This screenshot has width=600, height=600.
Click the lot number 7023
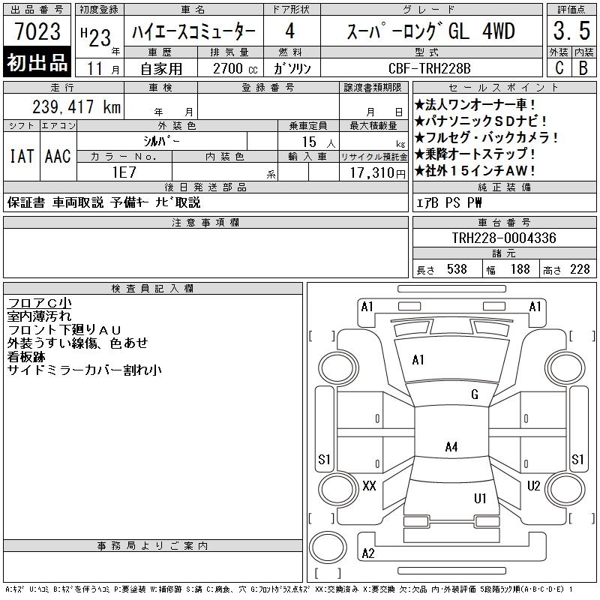[37, 31]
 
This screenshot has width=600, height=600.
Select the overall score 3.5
[571, 31]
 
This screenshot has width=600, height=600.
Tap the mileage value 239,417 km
[76, 106]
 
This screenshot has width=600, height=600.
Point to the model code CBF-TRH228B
[429, 68]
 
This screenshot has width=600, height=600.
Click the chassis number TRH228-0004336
[504, 238]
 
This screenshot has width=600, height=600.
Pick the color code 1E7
[124, 172]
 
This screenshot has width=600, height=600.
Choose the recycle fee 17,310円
[378, 173]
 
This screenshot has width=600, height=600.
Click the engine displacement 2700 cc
[235, 69]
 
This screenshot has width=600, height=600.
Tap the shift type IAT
[22, 156]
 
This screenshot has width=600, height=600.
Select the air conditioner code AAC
[58, 156]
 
